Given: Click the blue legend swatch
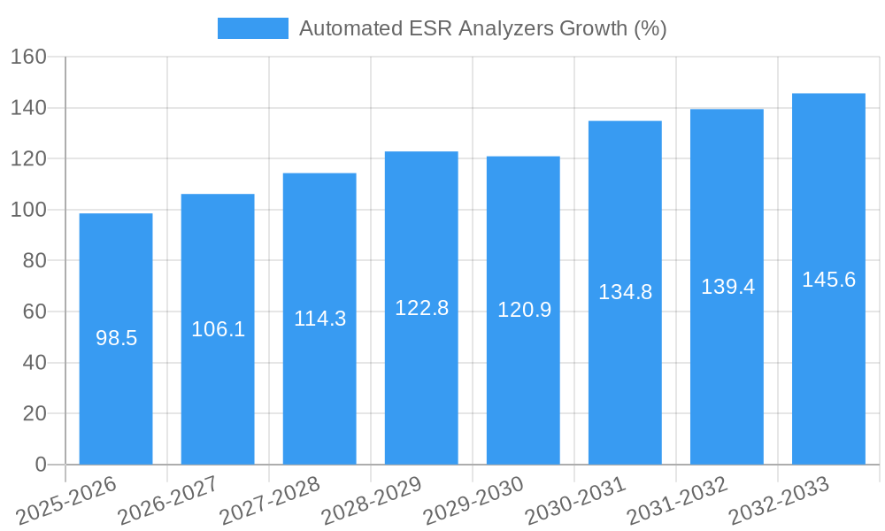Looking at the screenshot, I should pos(253,28).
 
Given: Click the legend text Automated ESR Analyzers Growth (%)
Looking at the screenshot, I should pos(482,28).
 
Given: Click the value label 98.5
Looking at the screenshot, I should pos(116,338).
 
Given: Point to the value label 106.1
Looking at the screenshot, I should pos(218,329).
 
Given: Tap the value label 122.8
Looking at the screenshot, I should pos(421,308).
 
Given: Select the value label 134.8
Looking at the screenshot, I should pos(625,292).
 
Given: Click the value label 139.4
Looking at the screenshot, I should pos(727,287).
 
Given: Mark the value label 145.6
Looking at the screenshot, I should pos(828,280).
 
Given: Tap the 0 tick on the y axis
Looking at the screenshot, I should pos(40,465).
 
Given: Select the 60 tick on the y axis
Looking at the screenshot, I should pos(34,312).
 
